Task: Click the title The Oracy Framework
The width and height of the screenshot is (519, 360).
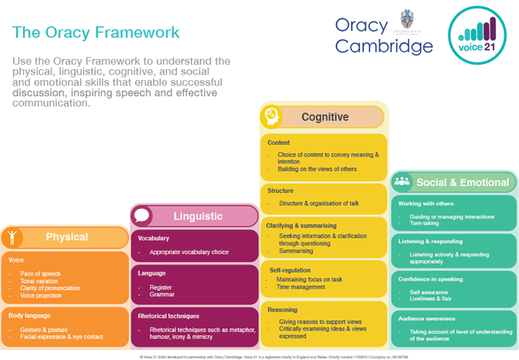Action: coord(96,33)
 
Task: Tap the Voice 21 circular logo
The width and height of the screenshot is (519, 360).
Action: coord(477,35)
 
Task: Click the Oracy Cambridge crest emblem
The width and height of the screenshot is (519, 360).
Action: coord(406,20)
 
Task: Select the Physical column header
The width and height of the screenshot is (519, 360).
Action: coord(66,237)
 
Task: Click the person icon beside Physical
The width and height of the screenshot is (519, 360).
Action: coord(12,237)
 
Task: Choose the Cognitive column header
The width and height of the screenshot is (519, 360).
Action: coord(325,117)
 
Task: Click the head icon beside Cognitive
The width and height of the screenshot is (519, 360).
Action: coord(272,116)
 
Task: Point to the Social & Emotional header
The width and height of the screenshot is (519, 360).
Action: coord(462,182)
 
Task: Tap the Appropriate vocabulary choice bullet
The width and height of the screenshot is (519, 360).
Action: coord(188,252)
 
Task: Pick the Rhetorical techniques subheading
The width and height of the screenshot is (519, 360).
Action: coord(169,315)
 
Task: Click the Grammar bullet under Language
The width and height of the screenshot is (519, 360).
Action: coord(162,294)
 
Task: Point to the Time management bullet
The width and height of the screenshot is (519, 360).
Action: coord(303,287)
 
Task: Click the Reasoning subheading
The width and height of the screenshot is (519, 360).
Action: coord(283,310)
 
